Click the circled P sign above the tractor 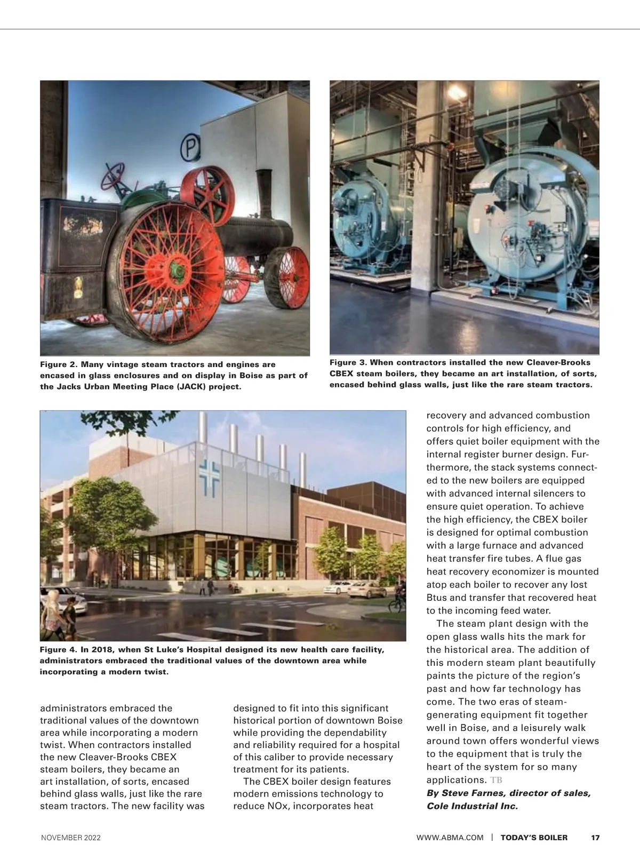point(190,149)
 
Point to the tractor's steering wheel point(111,173)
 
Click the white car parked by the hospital point(337,588)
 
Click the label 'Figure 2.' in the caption point(59,364)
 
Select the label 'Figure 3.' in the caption point(348,363)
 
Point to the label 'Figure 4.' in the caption point(59,650)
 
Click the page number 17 point(595,838)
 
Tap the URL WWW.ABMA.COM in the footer point(450,838)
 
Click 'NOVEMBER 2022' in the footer point(71,838)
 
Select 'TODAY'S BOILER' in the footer point(534,838)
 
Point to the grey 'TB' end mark point(496,781)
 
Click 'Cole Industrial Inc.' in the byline point(472,806)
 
